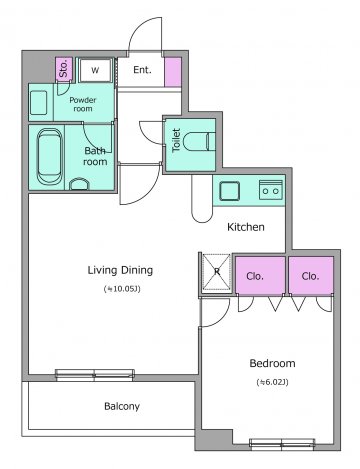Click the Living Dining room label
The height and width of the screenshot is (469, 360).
(120, 270)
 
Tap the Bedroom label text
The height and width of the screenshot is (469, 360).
(272, 363)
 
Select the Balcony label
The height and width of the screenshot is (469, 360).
(122, 406)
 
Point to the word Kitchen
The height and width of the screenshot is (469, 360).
(246, 227)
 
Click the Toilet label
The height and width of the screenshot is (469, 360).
(176, 140)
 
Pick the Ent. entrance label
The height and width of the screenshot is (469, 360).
(142, 70)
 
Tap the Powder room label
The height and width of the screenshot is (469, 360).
(83, 104)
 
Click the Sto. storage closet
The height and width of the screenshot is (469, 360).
(64, 69)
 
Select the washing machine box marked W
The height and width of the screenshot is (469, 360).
(95, 70)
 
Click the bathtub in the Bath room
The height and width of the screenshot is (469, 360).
(49, 157)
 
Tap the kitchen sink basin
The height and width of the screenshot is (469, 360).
(229, 191)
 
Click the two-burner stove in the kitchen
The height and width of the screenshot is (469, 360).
(271, 190)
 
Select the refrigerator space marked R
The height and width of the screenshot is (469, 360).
(217, 272)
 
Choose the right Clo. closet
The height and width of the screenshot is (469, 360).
(311, 275)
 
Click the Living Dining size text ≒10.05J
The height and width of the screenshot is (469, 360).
(122, 289)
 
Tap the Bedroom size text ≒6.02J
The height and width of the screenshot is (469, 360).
(272, 382)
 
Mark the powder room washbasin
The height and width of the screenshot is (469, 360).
(39, 103)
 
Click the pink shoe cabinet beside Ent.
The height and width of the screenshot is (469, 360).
(173, 72)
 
